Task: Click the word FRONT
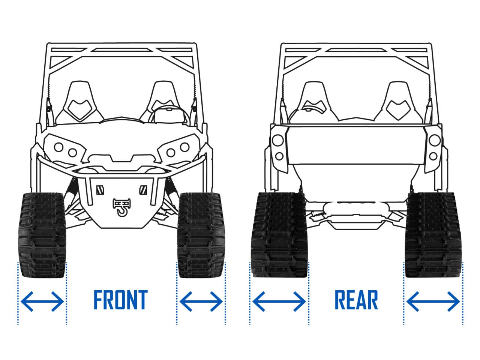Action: pyautogui.click(x=120, y=300)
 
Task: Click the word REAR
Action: pyautogui.click(x=356, y=300)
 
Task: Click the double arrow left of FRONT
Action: pyautogui.click(x=42, y=301)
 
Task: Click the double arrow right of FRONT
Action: pyautogui.click(x=201, y=301)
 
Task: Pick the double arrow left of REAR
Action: pyautogui.click(x=279, y=301)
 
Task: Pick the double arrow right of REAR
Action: pyautogui.click(x=433, y=301)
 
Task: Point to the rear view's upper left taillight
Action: pyautogui.click(x=278, y=140)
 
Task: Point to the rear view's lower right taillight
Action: pyautogui.click(x=433, y=156)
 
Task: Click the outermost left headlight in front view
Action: pyautogui.click(x=58, y=147)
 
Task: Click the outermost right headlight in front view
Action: pyautogui.click(x=184, y=147)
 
